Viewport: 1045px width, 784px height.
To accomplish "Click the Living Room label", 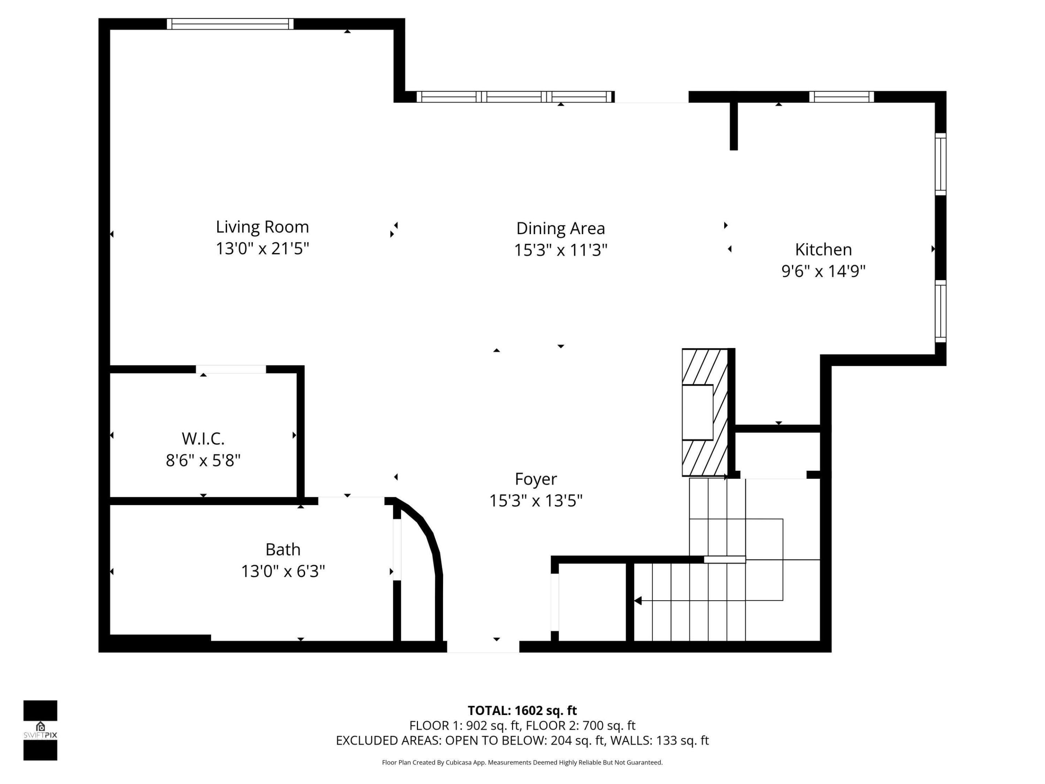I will coord(262,227).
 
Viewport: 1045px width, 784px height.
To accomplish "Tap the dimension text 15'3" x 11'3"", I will coord(560,250).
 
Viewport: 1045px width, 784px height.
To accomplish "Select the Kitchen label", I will coord(823,249).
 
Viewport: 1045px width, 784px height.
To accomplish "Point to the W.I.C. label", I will coord(203,438).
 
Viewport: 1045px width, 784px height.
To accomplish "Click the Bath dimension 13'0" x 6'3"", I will coord(283,571).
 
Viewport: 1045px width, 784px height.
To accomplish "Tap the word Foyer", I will coord(536,479).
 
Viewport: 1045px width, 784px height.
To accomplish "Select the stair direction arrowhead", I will coord(638,601).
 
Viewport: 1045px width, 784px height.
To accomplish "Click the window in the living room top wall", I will coord(230,24).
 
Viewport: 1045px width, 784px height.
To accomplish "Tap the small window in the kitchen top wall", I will coord(841,97).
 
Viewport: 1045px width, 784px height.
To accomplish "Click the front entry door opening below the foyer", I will coord(483,646).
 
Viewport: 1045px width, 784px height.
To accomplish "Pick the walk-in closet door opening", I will coord(231,369).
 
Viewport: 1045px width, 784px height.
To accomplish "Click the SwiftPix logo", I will coord(40,730).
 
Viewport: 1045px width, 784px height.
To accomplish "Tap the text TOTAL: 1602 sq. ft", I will coord(522,710).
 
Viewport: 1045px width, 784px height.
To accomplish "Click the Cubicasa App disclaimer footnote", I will coord(522,762).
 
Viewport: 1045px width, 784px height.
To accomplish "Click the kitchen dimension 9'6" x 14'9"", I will coord(823,271).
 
